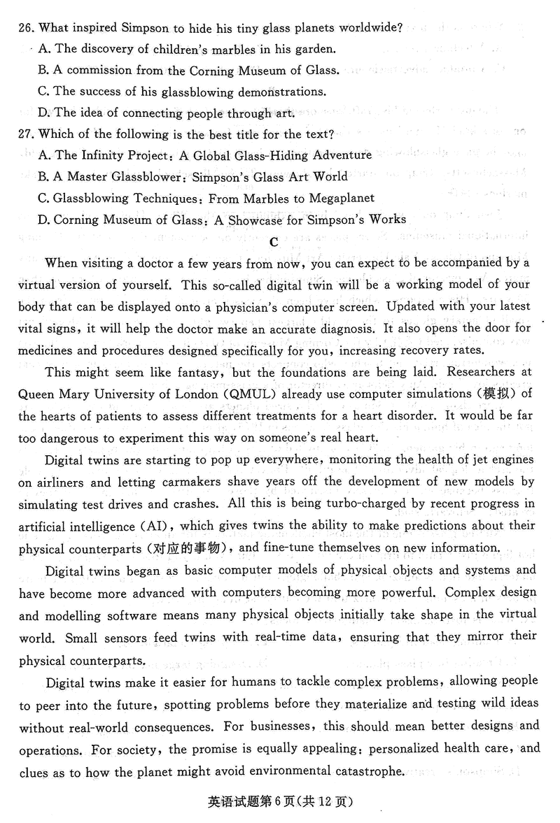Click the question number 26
pos(29,28)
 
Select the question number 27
pos(29,134)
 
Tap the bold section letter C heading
pos(274,242)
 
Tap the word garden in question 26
pos(315,49)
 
